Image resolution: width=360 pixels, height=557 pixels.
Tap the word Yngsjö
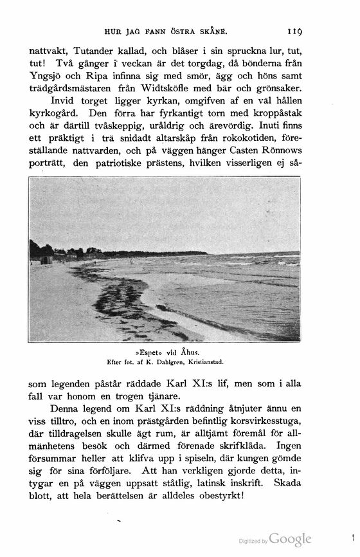pyautogui.click(x=47, y=76)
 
